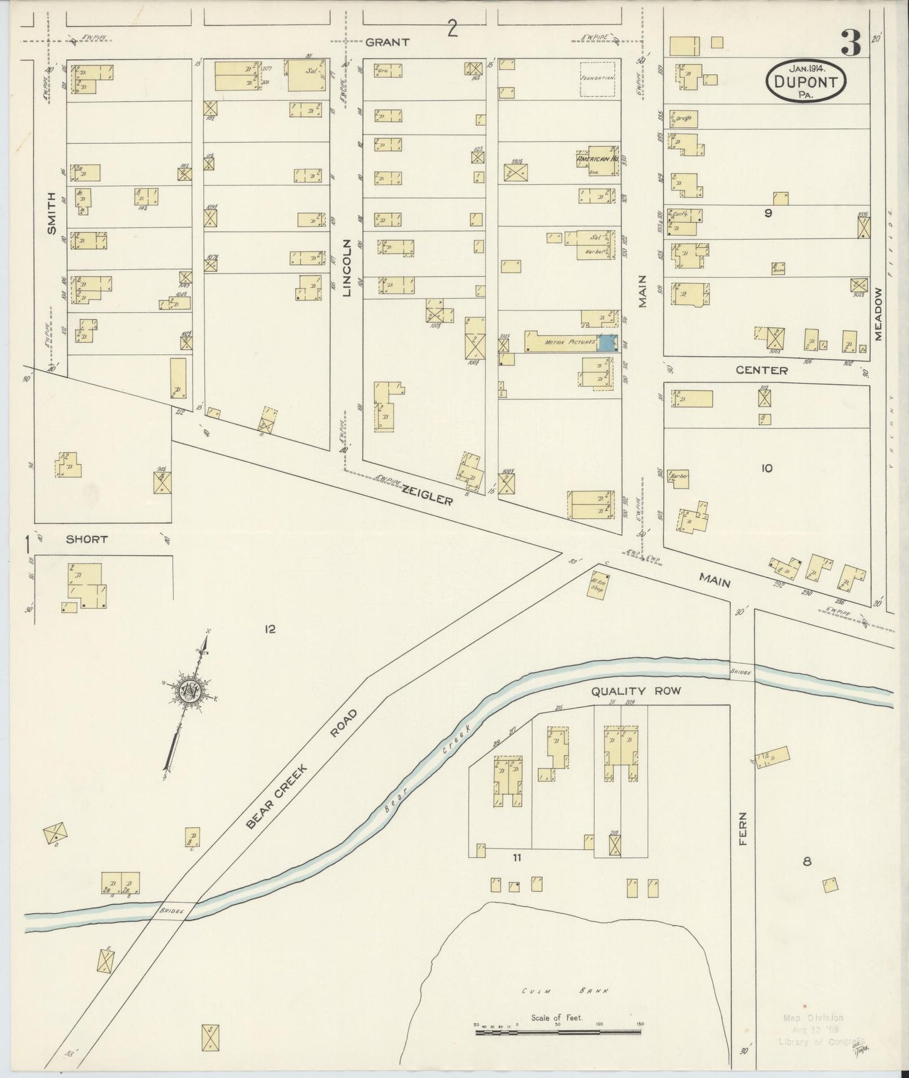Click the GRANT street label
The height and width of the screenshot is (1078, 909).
[388, 42]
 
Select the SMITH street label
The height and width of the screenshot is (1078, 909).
[52, 214]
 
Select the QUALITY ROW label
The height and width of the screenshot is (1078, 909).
[635, 691]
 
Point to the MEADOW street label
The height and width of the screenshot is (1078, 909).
[878, 314]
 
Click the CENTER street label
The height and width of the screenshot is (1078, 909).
[762, 370]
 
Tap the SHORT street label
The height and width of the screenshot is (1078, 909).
[87, 539]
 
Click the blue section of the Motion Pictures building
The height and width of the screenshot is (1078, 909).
[606, 343]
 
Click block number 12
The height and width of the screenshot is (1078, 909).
[270, 628]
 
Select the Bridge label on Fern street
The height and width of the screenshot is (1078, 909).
[742, 672]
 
